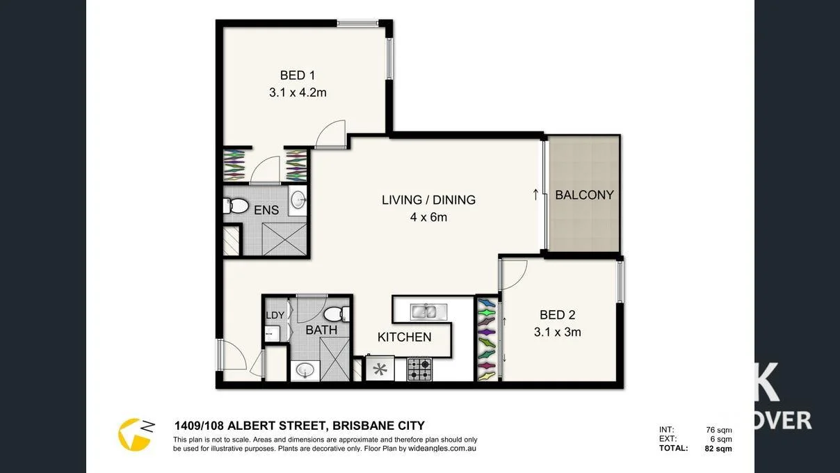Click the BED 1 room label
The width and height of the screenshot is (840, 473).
click(x=298, y=75)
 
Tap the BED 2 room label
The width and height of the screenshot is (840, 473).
click(x=557, y=315)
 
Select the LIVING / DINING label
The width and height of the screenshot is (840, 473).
click(x=428, y=200)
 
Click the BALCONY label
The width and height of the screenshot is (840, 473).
click(x=584, y=195)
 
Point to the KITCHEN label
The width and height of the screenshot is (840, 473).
click(x=404, y=337)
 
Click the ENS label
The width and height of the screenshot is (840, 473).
click(x=266, y=210)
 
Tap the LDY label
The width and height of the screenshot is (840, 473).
click(x=275, y=315)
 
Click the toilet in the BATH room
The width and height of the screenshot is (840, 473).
click(x=335, y=314)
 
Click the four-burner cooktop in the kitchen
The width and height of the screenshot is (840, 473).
click(x=419, y=369)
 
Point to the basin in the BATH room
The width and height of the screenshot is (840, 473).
click(x=305, y=371)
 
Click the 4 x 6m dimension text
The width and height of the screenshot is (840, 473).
click(x=428, y=217)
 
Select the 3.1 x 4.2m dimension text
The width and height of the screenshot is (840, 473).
click(x=298, y=92)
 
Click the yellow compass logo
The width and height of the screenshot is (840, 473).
click(x=134, y=434)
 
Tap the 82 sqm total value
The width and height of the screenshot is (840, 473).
click(x=718, y=449)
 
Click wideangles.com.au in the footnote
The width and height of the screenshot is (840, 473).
click(x=442, y=449)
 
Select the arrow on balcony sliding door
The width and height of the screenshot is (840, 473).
click(x=535, y=194)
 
